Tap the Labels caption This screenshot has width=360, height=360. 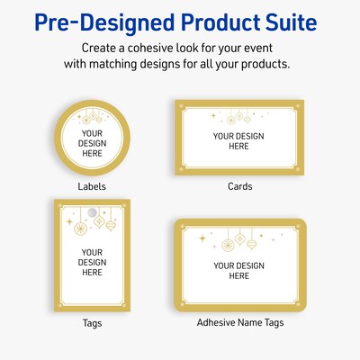[x=93, y=186]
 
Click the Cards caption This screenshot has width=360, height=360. [x=239, y=186]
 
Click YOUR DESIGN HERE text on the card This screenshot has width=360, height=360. [x=238, y=140]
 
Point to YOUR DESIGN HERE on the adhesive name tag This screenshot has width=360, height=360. [x=238, y=270]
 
